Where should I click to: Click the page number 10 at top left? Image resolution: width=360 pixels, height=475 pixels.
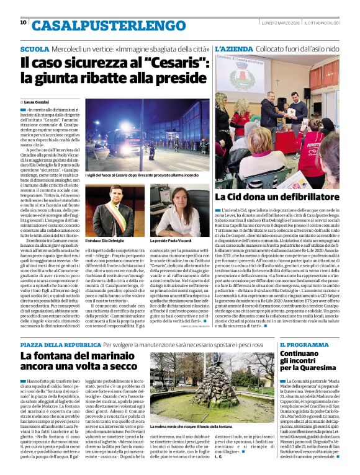(24, 22)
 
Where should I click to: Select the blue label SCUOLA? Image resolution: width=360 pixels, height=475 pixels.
(35, 48)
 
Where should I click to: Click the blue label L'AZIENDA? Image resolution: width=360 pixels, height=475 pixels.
(233, 48)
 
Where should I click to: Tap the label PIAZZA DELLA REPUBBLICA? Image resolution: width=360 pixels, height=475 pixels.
(60, 344)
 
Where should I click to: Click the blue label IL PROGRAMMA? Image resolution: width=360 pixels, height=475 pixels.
(304, 344)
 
